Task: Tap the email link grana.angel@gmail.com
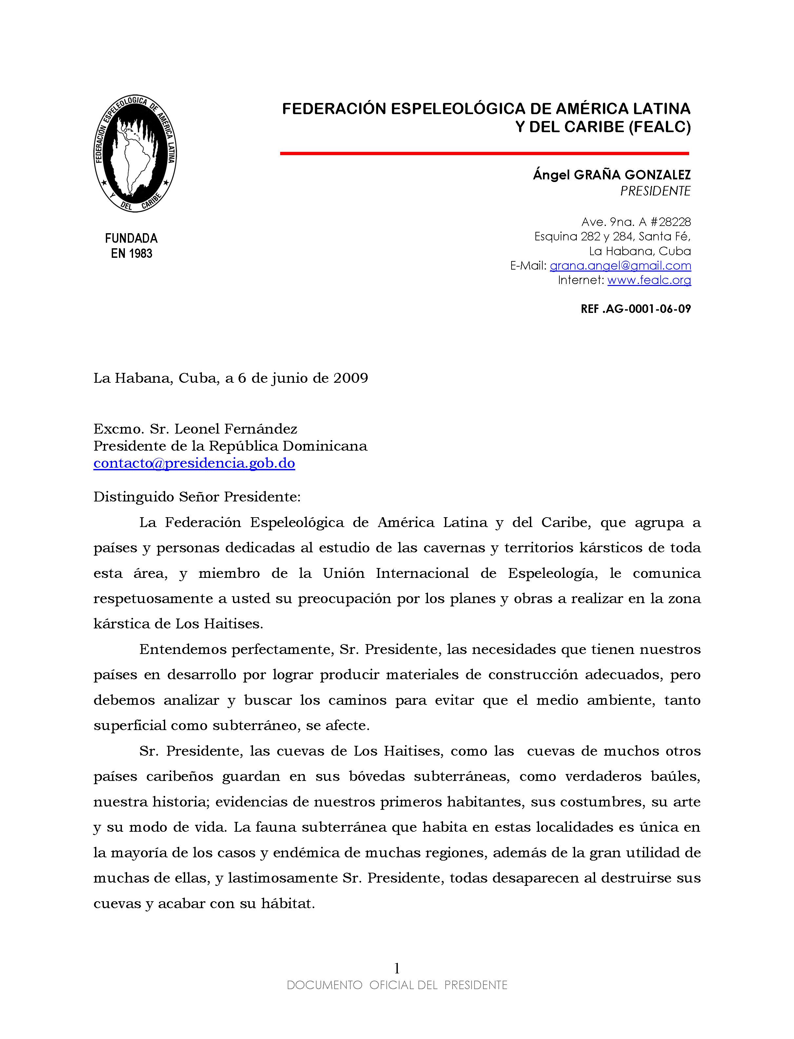click(x=620, y=266)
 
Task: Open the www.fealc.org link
click(x=649, y=280)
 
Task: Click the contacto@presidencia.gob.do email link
click(x=194, y=463)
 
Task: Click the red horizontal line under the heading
click(x=484, y=153)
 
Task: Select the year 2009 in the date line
click(x=351, y=379)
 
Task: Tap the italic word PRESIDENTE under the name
click(x=655, y=191)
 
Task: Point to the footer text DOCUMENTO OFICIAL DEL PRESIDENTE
click(x=397, y=985)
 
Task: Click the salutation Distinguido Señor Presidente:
click(x=197, y=498)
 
